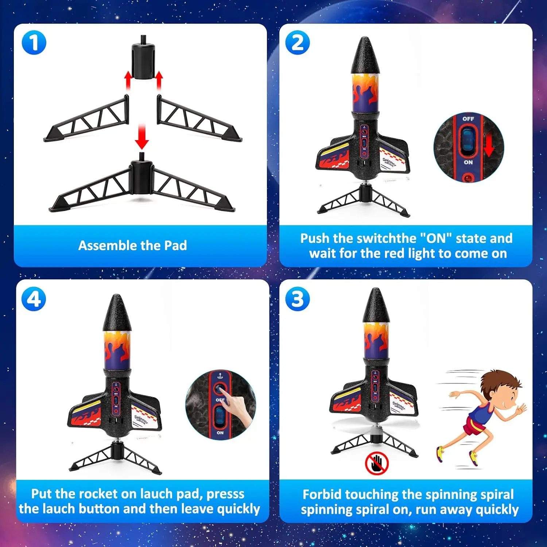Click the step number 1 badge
point(34,43)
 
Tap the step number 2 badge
point(297,43)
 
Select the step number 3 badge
point(297,299)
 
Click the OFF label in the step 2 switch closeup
point(468,119)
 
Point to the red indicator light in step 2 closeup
point(468,178)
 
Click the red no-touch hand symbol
point(377,463)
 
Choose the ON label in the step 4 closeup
point(220,433)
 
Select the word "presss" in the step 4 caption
point(225,493)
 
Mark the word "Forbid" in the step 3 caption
point(322,494)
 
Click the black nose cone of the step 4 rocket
point(117,314)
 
